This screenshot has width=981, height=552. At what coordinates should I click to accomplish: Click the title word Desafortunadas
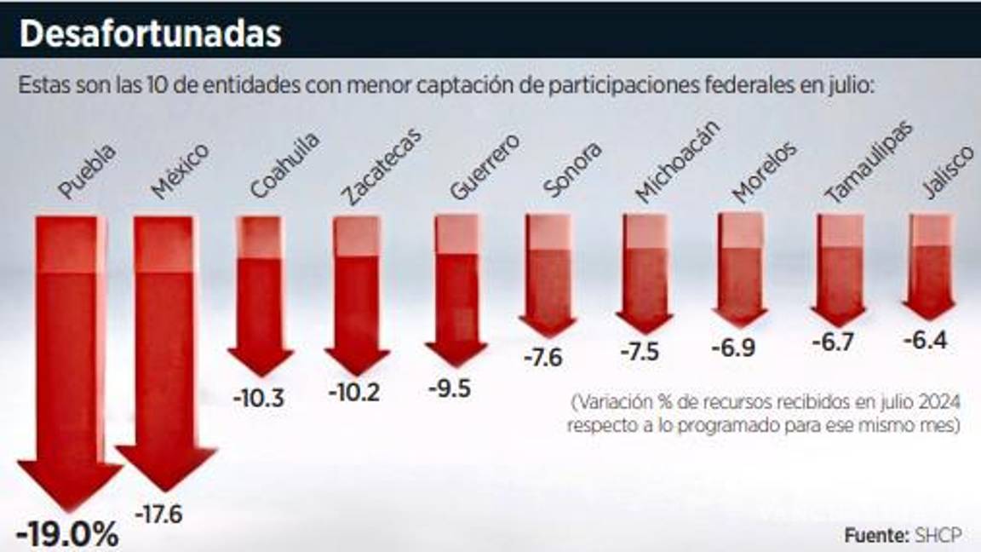click(149, 32)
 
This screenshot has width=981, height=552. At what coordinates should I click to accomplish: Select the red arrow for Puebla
click(71, 358)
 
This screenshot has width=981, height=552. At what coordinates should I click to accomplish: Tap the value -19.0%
click(68, 535)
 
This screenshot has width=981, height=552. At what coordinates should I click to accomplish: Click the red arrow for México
click(166, 349)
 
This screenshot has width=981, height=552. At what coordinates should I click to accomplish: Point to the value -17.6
click(159, 515)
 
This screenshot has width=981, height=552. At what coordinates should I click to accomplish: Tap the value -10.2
click(354, 393)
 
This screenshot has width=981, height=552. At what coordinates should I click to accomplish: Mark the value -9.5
click(449, 389)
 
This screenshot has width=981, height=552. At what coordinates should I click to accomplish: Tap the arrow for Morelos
click(739, 268)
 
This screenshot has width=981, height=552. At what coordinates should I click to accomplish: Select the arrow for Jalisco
click(930, 264)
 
